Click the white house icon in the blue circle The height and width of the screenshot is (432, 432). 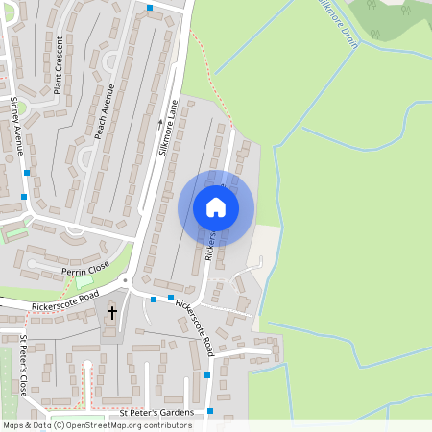[215, 207]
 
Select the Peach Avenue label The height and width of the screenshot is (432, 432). [105, 111]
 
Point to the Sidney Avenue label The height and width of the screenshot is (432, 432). [16, 126]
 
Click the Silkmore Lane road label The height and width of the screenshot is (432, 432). [169, 131]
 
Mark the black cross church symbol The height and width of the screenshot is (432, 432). [111, 312]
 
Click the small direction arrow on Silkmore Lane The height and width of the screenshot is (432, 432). [160, 122]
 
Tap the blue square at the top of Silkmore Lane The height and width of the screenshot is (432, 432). [150, 9]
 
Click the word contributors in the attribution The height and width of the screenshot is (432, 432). [162, 424]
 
